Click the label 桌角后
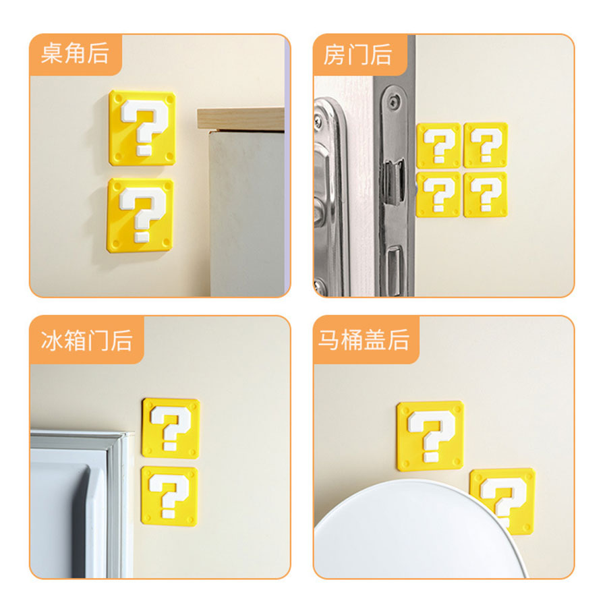(x=74, y=54)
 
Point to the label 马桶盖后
(x=364, y=339)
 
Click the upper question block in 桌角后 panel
(x=143, y=128)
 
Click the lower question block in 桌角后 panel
(x=141, y=215)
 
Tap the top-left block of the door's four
(x=438, y=145)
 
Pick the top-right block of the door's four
(x=486, y=145)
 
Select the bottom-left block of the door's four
(x=438, y=194)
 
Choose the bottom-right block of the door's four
(x=486, y=194)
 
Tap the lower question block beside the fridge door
(x=169, y=496)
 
